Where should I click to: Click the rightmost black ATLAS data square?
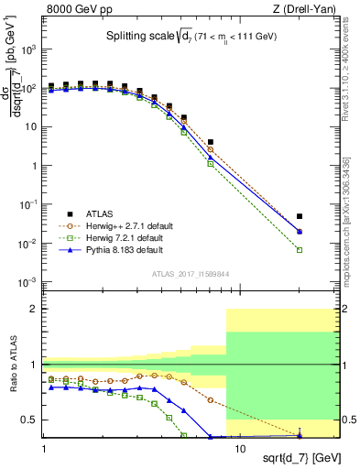[x=300, y=216]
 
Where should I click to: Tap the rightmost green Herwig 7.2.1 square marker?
[x=300, y=250]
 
